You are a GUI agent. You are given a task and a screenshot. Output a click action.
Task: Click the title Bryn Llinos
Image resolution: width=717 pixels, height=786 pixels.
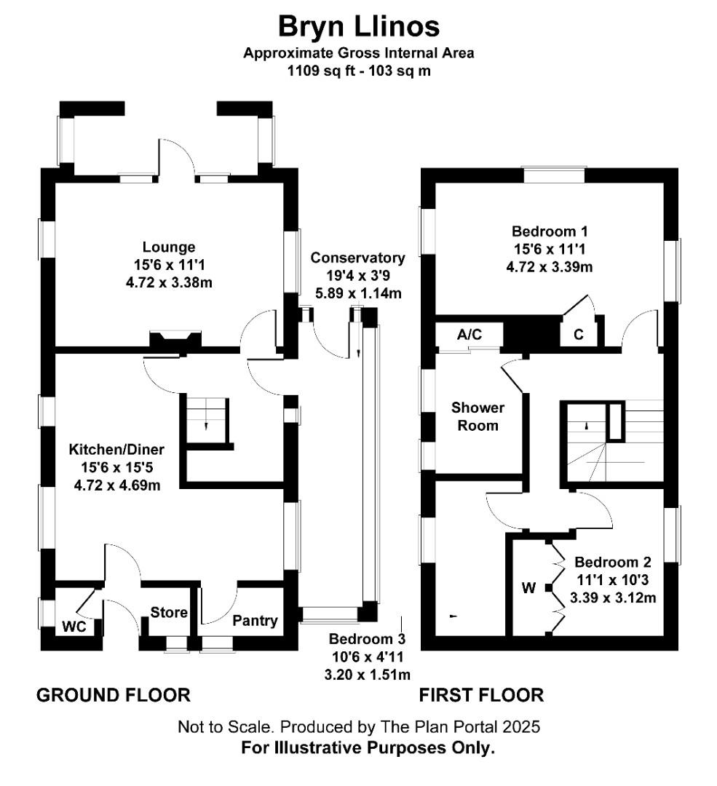coord(358,27)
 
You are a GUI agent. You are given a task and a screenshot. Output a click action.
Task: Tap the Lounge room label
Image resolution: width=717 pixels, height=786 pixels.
coord(169,247)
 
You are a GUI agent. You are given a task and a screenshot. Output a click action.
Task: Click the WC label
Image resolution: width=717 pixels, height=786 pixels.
coord(74,626)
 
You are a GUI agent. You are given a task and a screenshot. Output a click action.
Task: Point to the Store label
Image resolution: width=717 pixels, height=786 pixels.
coord(169,612)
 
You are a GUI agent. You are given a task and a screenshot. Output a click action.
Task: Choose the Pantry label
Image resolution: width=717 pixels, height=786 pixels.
coord(255,621)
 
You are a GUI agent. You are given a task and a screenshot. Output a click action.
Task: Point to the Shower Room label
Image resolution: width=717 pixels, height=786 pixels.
coord(478,416)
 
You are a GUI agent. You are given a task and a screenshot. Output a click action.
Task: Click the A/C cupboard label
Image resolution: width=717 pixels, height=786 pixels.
coord(470,334)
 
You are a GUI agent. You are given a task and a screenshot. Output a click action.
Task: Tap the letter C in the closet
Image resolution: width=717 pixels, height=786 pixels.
coord(579,335)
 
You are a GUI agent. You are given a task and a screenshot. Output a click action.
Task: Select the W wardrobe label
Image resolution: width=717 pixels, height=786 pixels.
coord(529,587)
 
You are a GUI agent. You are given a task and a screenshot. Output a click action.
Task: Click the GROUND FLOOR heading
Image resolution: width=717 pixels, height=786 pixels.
coord(114,695)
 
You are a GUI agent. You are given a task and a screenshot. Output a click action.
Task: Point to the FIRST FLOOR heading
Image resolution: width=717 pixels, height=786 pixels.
coord(481,695)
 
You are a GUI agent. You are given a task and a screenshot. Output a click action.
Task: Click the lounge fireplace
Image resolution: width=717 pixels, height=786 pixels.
coord(175,339)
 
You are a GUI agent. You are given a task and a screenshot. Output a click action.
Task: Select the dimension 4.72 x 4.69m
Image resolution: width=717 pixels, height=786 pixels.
coord(116,485)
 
